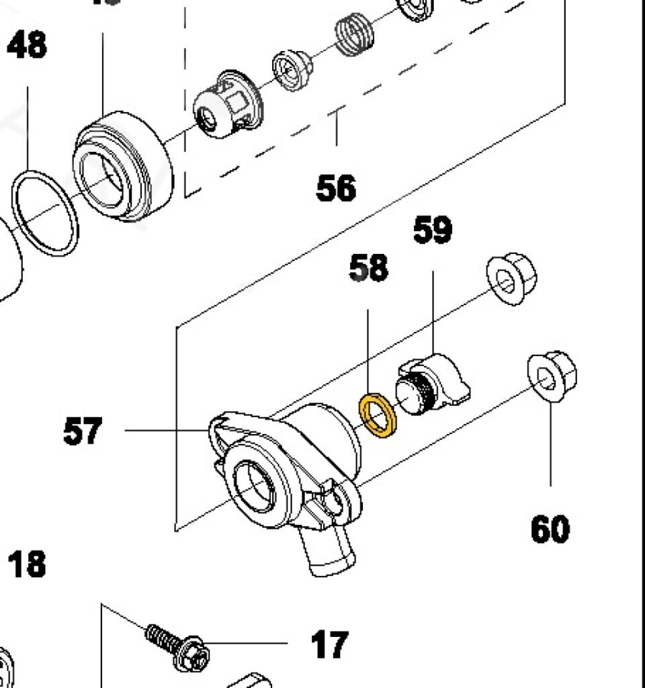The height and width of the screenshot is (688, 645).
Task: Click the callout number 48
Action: (28, 46)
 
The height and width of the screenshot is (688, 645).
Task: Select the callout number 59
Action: (432, 230)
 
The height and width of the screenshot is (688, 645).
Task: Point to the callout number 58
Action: (369, 268)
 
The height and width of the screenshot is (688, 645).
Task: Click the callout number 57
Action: (83, 431)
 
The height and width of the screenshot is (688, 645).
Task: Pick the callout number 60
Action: (550, 528)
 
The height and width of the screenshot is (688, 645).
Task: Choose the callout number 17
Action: (329, 644)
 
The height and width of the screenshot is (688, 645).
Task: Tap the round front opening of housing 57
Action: (254, 490)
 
